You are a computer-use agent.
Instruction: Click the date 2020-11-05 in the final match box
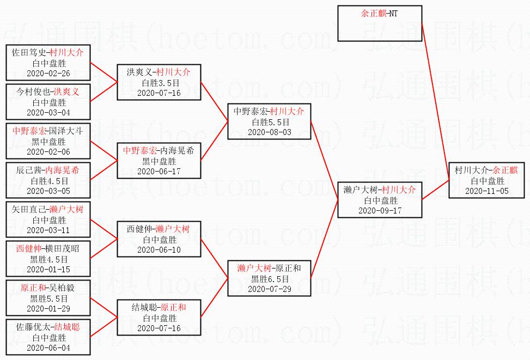click(x=488, y=191)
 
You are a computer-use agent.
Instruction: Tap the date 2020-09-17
click(x=380, y=210)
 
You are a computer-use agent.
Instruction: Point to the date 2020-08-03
click(x=269, y=132)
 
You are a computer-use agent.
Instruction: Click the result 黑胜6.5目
click(x=269, y=279)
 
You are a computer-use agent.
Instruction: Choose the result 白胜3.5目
click(x=159, y=83)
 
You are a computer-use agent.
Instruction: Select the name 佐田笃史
click(x=29, y=53)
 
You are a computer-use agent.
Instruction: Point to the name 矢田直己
click(x=29, y=210)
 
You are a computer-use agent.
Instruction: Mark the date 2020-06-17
click(x=159, y=171)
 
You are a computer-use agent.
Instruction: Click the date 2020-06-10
click(x=159, y=249)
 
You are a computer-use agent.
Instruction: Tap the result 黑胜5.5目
click(x=49, y=298)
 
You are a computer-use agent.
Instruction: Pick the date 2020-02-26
click(x=48, y=74)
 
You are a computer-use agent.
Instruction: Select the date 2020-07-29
click(x=269, y=289)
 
